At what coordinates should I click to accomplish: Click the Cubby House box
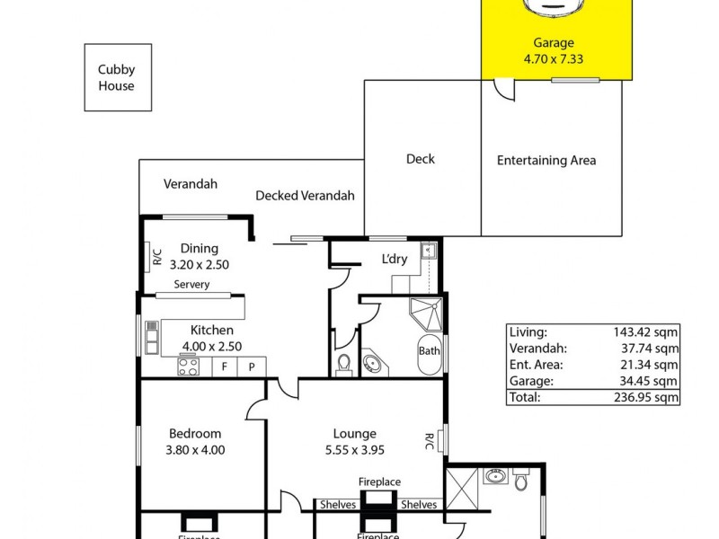(x=118, y=78)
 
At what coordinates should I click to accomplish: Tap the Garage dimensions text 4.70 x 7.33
(x=554, y=59)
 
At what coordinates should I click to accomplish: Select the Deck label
(x=420, y=159)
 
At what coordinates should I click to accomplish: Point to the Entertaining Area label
(x=546, y=161)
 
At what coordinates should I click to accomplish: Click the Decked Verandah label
(x=305, y=196)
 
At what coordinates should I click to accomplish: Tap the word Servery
(x=191, y=285)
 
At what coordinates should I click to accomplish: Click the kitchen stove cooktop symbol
(x=189, y=367)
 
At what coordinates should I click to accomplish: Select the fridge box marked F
(x=225, y=367)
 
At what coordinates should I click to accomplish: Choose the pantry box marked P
(x=252, y=367)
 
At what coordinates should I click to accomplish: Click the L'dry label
(x=395, y=260)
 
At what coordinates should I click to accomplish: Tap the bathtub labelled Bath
(x=430, y=351)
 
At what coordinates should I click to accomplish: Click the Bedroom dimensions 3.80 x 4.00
(x=194, y=450)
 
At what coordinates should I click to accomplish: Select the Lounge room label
(x=353, y=434)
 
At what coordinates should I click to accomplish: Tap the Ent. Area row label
(x=536, y=364)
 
